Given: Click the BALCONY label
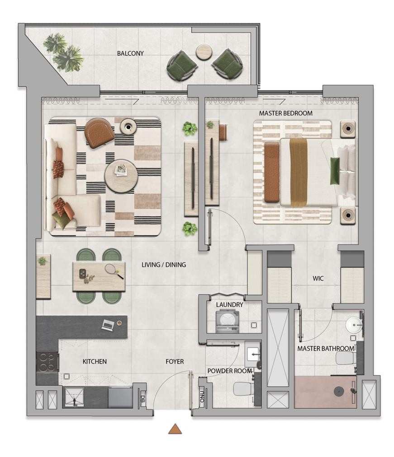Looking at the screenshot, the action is coord(130,53).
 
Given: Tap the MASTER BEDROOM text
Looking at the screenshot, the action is coord(286,113).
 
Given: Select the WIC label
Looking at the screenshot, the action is coord(318,278).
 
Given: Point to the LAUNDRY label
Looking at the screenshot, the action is coord(229,304).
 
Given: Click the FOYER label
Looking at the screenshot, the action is coord(175,361).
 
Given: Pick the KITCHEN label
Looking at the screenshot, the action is coord(95,361).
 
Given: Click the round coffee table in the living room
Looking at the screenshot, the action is coord(121,176).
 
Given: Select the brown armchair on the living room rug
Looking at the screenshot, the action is coord(99,133).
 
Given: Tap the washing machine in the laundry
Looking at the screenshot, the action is coord(228,322).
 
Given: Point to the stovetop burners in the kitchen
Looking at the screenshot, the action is coord(47,362).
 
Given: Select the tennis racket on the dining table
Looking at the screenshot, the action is coord(114,271).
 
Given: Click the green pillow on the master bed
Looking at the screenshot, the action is coord(335,171).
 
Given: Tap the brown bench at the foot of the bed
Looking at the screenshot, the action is coord(272,172).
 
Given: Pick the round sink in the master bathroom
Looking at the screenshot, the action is coord(354,324).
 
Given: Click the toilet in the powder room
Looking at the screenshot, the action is coord(243,389).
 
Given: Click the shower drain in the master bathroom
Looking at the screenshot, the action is coord(339,392).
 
